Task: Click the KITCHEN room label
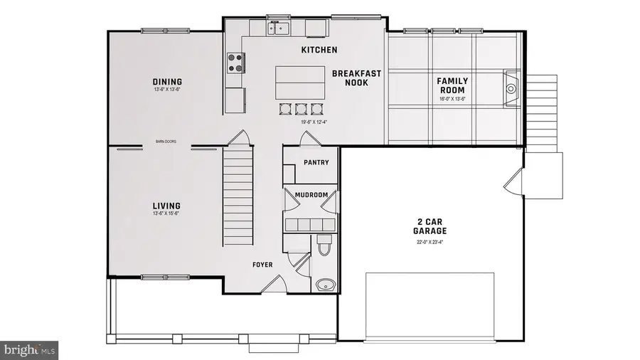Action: pos(319,50)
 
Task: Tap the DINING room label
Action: pos(167,82)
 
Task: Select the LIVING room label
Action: pos(166,206)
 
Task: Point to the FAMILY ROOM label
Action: pos(451,85)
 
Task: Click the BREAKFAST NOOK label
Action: pos(356,78)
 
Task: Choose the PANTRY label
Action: pos(316,162)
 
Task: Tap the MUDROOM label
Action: pos(311,195)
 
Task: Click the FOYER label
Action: pos(263,265)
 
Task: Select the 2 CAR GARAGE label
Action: pos(430,226)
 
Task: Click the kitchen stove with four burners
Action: pos(235,63)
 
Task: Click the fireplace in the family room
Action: pos(512,89)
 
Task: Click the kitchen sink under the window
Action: pos(277,28)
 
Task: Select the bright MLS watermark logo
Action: pos(29,349)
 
